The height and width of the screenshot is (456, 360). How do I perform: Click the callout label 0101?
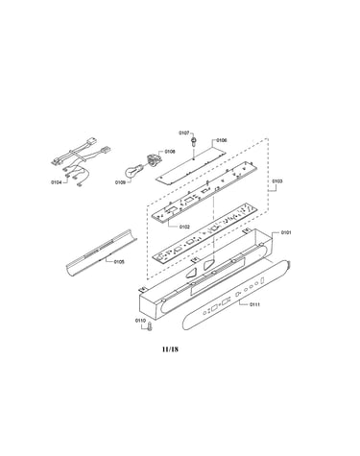pyautogui.click(x=286, y=232)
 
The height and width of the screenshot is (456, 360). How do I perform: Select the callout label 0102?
pyautogui.click(x=184, y=227)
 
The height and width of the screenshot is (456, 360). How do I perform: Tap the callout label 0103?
pyautogui.click(x=277, y=181)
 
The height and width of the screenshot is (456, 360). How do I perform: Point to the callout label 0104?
pyautogui.click(x=56, y=182)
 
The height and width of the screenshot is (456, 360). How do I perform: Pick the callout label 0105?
pyautogui.click(x=119, y=262)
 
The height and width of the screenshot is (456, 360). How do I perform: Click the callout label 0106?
pyautogui.click(x=222, y=140)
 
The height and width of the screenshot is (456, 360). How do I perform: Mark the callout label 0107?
pyautogui.click(x=184, y=132)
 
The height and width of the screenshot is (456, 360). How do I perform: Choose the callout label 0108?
pyautogui.click(x=170, y=152)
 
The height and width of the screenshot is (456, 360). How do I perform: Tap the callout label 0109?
pyautogui.click(x=120, y=182)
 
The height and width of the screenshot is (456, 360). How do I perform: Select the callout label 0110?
pyautogui.click(x=140, y=321)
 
